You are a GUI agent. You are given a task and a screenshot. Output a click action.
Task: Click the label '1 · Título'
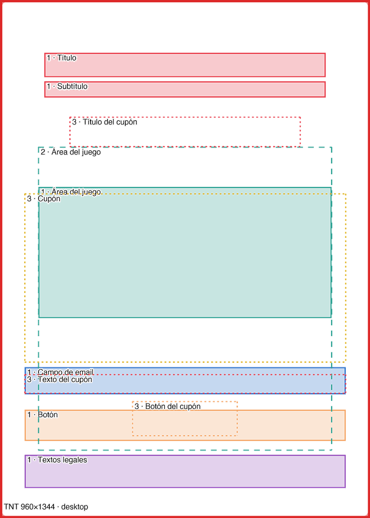point(61,58)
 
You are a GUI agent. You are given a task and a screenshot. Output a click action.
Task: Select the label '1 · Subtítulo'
point(67,86)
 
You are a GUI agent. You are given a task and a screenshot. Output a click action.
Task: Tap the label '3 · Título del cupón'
point(104,122)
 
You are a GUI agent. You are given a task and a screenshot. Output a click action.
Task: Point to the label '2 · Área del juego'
point(71,152)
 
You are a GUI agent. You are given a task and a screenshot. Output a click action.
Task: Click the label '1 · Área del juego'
point(71,192)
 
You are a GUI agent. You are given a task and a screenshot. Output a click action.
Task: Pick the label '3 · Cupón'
point(44,198)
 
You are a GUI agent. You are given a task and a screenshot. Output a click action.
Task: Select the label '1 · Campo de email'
point(61,372)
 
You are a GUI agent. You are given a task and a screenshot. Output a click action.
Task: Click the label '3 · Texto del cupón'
point(60,380)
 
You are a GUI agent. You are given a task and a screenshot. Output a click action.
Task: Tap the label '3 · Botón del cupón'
point(167,406)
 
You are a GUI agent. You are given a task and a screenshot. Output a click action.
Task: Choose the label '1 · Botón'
point(42,415)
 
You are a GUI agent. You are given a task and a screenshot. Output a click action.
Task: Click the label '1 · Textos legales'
point(57,460)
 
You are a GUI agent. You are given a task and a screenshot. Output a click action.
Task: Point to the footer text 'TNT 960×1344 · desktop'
point(46,507)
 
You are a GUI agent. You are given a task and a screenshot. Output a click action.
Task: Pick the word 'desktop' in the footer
point(75,507)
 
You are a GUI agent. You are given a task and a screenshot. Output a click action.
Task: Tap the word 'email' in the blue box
point(84,372)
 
